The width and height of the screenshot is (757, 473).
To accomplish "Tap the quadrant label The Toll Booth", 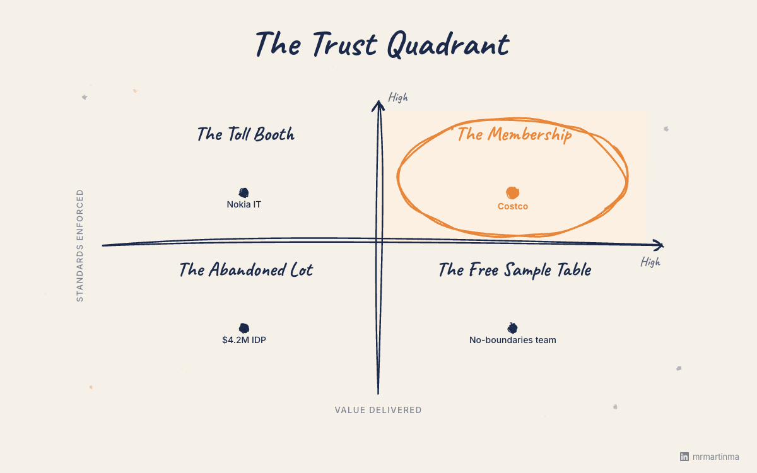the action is pos(245,134).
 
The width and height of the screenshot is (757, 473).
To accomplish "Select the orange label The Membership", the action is pos(514,134).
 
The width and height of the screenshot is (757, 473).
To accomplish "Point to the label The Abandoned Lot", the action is pos(245,270).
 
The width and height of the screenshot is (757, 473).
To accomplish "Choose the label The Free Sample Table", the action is pos(515,270).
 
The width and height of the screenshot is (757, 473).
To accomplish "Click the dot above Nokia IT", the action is pos(244,192).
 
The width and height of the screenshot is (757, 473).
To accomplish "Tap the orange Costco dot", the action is pos(512,192).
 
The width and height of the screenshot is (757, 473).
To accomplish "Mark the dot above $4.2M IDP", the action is pos(244,328).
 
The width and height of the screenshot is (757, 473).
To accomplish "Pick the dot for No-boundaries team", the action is pos(512,328).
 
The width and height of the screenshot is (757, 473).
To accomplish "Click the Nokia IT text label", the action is pos(244,204).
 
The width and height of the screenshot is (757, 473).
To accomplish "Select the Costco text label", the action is pos(512,206).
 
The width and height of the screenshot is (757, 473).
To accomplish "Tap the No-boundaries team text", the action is pos(512,340).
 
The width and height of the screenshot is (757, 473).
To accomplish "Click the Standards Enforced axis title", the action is pos(80,246).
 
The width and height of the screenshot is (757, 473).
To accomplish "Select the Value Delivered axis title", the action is pos(378,410).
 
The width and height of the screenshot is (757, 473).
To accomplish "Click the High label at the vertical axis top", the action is pos(398,97).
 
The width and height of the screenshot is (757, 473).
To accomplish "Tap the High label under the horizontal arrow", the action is pos(650,262).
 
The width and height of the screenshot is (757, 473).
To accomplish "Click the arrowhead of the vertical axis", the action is pos(378,105).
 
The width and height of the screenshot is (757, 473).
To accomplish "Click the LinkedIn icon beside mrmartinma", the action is pos(684,456).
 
